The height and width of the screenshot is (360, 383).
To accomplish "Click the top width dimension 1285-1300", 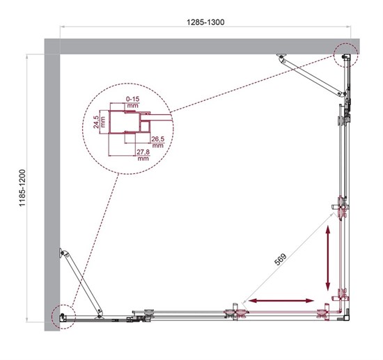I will (x=206, y=22).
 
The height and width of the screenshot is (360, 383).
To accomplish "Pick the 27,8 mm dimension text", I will (x=143, y=155).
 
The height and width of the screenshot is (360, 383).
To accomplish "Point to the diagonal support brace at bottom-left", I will (x=82, y=281).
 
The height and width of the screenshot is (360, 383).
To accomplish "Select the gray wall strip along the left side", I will (x=52, y=188).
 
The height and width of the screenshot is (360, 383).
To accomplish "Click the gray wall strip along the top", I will (x=202, y=46).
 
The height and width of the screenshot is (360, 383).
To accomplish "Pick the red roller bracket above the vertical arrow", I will (x=341, y=208).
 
